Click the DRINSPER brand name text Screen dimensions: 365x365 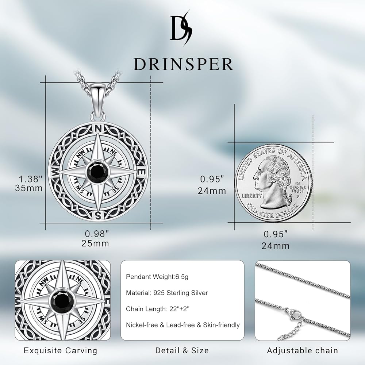pyautogui.click(x=183, y=64)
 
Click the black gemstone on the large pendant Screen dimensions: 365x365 pyautogui.click(x=97, y=172)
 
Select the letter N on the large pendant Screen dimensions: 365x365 pyautogui.click(x=98, y=128)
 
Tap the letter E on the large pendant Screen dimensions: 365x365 pyautogui.click(x=143, y=172)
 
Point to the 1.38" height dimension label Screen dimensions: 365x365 pyautogui.click(x=31, y=179)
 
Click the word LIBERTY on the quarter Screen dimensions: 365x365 pyautogui.click(x=252, y=196)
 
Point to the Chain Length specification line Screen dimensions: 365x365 pyautogui.click(x=158, y=309)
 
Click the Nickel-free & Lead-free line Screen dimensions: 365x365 pyautogui.click(x=183, y=325)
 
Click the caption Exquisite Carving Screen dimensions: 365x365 pyautogui.click(x=61, y=351)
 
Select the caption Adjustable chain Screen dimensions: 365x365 pyautogui.click(x=302, y=351)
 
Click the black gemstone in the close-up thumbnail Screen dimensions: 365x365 pyautogui.click(x=62, y=300)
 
